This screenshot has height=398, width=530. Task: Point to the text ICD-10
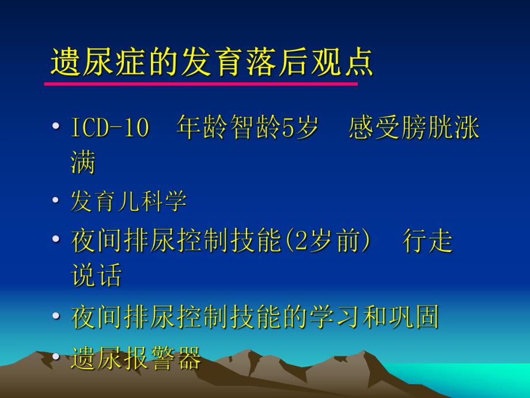[109, 129]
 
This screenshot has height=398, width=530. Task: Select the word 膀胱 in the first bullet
[427, 129]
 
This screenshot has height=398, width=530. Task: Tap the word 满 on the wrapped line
[83, 163]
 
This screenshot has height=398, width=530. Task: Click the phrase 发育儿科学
[128, 201]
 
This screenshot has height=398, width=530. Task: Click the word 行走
[427, 241]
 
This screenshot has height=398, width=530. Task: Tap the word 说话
[96, 276]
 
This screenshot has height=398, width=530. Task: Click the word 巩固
[413, 317]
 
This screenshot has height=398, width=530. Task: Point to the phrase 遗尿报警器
[135, 358]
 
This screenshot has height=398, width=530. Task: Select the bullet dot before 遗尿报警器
[55, 356]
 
